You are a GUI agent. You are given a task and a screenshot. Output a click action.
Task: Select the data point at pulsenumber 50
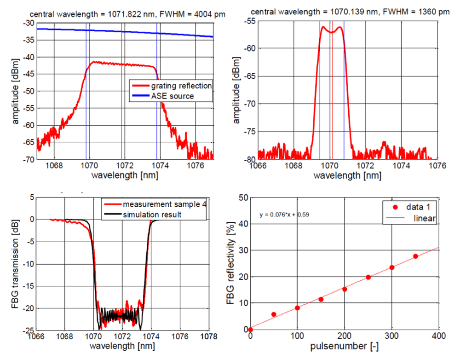click(x=274, y=314)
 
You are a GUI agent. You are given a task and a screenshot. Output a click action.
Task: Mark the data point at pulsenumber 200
click(x=345, y=289)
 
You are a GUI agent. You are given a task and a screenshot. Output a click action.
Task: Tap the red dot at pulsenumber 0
click(x=250, y=329)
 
